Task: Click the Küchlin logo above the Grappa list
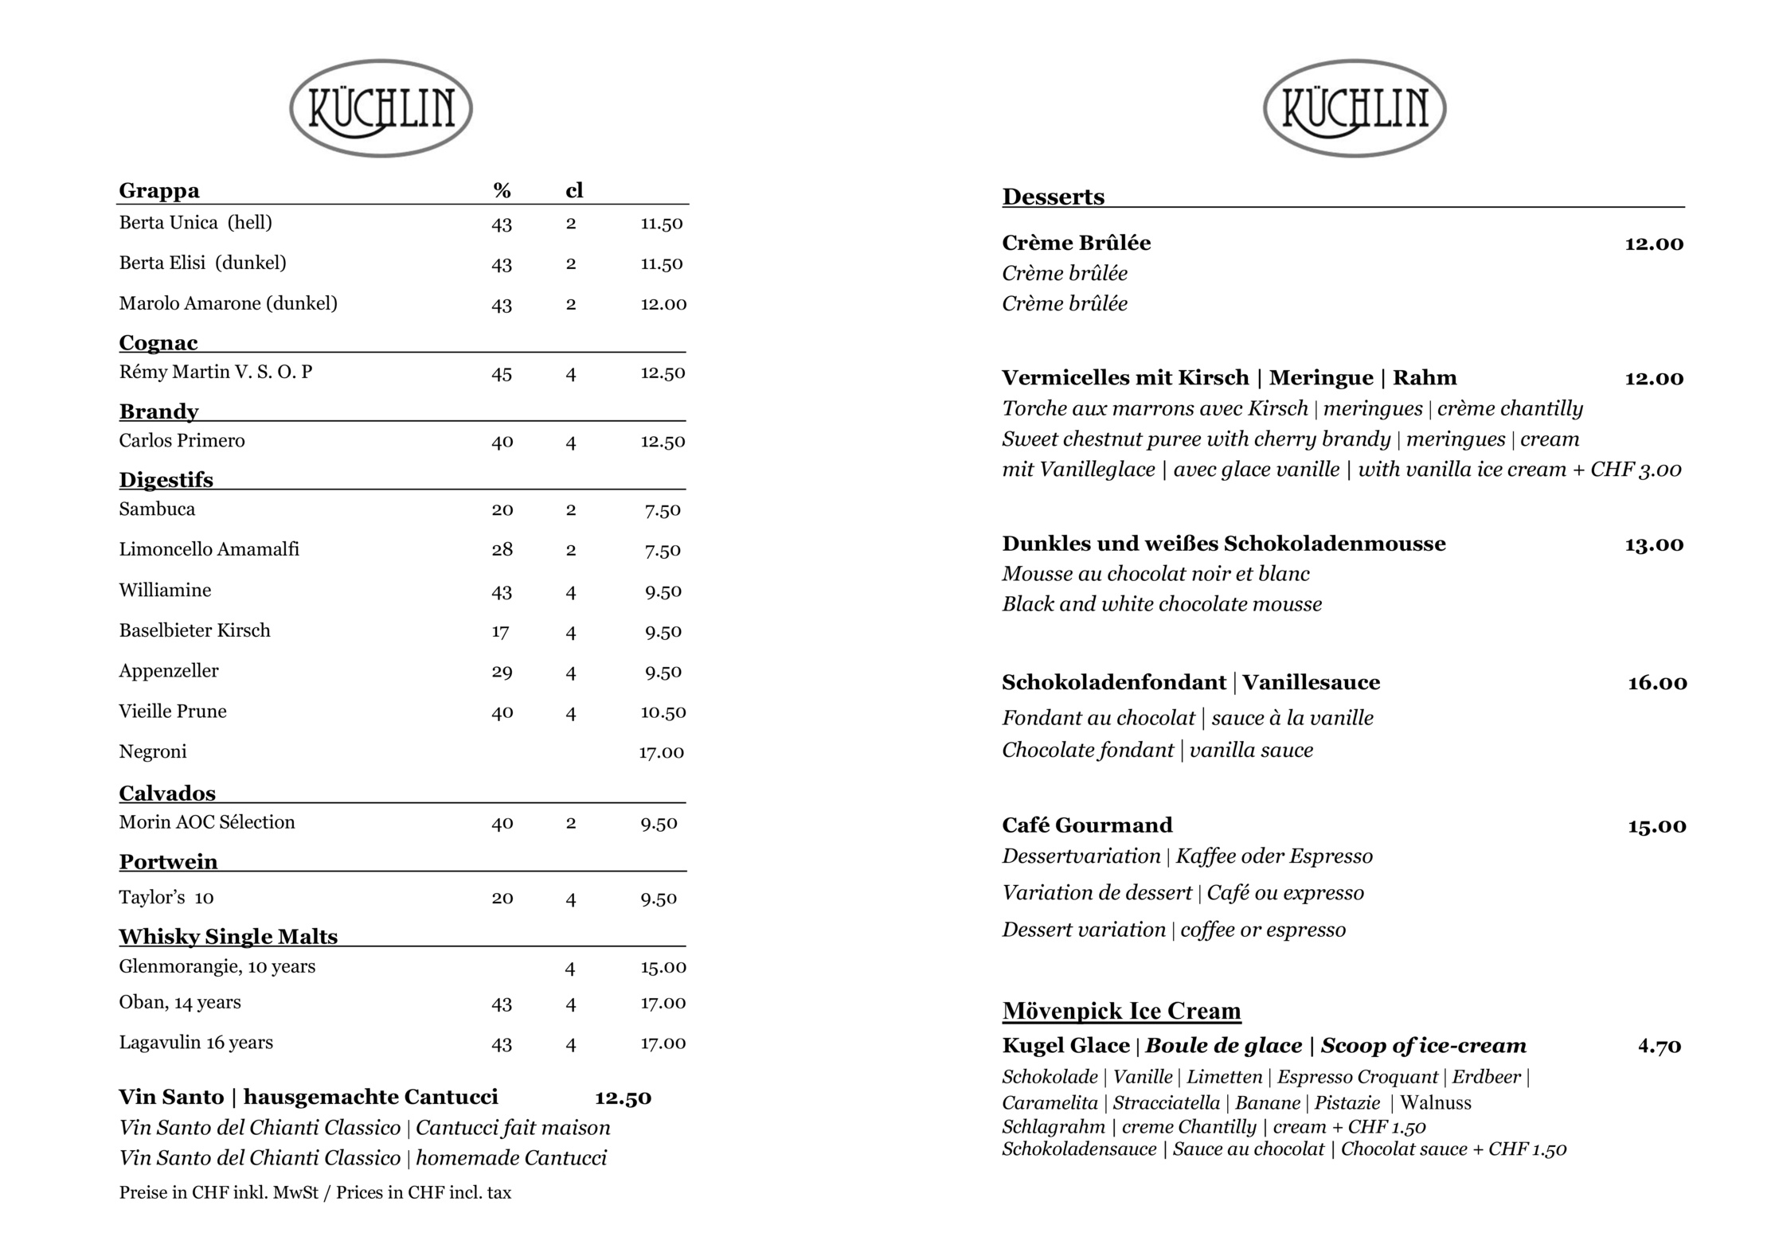381,108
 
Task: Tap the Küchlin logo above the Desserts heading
1354,108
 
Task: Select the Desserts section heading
1053,197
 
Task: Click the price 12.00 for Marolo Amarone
663,304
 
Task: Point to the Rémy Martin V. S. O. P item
216,372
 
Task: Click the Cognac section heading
158,342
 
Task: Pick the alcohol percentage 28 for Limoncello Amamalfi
502,550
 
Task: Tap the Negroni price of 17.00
661,752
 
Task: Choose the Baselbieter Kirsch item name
194,630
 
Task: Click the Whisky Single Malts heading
229,936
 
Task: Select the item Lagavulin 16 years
196,1043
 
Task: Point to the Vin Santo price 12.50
623,1098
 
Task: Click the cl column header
574,190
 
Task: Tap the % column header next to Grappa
502,190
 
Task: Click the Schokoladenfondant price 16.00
1656,683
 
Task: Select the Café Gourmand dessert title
1087,825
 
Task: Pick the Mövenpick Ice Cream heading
1121,1011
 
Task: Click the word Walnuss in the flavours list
1435,1102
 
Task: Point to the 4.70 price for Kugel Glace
1659,1046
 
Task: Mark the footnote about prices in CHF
315,1192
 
